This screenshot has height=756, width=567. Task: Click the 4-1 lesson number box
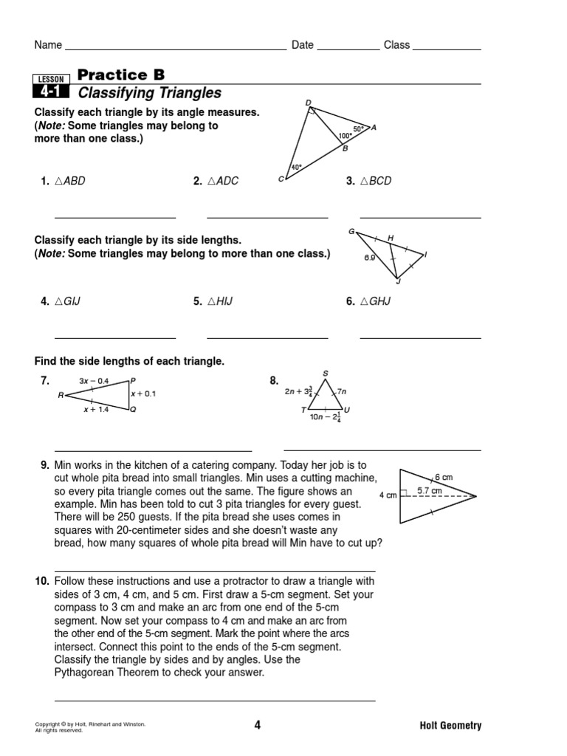51,92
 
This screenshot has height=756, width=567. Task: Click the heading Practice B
121,75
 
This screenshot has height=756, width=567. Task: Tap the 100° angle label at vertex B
345,137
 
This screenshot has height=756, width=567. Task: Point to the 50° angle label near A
358,128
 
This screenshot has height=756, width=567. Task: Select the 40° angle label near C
296,168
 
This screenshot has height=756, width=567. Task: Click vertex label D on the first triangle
308,103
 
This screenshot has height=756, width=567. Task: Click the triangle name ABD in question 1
70,181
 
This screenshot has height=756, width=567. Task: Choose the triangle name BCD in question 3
375,181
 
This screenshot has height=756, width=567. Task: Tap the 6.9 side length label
369,258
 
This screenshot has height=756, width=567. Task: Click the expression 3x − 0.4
93,381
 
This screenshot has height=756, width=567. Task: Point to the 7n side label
341,392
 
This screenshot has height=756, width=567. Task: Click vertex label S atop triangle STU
325,374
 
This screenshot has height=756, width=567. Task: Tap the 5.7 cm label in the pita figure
430,490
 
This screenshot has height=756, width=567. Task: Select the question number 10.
42,582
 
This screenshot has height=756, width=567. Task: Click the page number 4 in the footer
257,725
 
